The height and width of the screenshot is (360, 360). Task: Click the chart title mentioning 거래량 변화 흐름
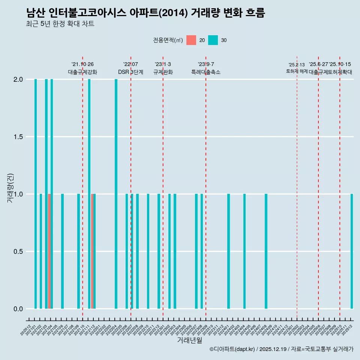145,13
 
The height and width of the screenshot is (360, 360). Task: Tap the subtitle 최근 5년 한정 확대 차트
60,24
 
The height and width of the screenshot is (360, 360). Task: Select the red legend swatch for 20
191,40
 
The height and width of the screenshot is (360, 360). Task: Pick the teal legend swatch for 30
213,40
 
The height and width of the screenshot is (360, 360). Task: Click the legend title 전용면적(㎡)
168,40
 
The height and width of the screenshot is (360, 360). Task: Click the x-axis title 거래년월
189,340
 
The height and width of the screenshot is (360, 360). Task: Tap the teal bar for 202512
352,251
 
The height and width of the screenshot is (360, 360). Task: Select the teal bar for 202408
266,251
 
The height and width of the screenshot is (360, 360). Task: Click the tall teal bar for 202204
116,194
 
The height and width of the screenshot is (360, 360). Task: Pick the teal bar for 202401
228,251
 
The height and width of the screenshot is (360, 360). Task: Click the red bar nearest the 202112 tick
92,251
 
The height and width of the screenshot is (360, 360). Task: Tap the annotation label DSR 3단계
130,72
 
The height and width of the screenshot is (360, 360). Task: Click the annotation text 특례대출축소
205,72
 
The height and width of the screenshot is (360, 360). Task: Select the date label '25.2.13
297,65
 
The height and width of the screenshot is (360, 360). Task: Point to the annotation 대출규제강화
82,72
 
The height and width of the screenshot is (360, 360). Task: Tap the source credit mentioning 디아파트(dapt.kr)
281,349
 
